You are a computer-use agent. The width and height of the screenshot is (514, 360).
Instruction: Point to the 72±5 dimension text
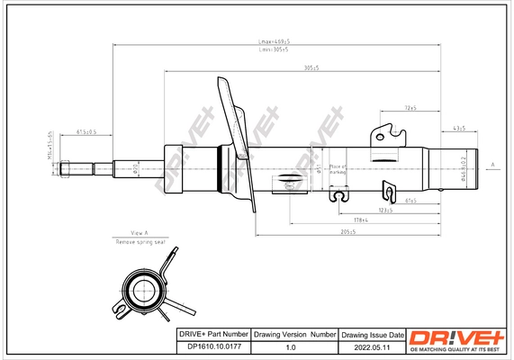coord(410,108)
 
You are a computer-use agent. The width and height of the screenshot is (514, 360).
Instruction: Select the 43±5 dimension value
coord(459,129)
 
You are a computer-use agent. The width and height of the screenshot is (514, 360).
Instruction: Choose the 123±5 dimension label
coord(386,210)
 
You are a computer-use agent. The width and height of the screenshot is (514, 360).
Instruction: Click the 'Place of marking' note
coord(338,170)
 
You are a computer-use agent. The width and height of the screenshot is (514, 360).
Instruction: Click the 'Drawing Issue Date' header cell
coord(373,334)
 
